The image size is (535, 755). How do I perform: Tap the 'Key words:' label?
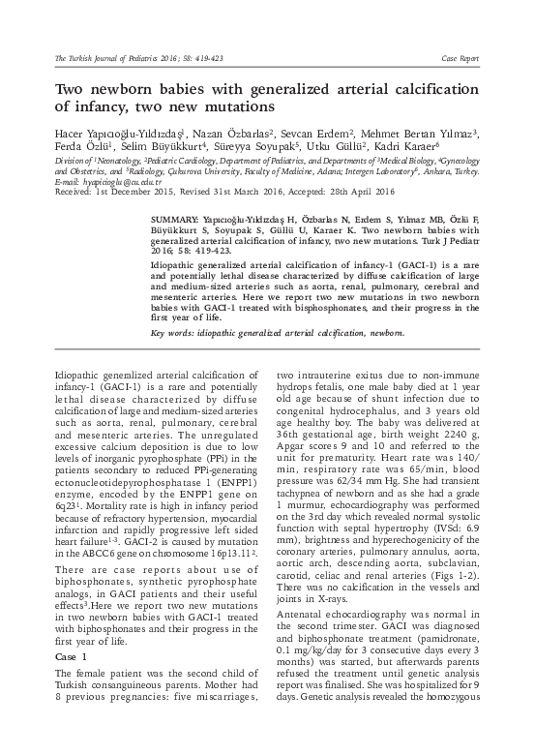[174, 333]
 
